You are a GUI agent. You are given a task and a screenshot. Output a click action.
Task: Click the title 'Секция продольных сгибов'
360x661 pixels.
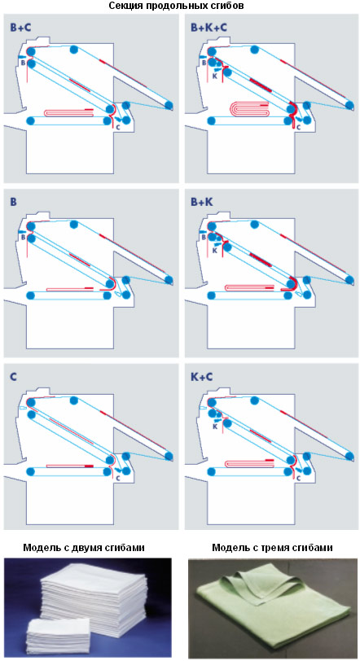point(176,6)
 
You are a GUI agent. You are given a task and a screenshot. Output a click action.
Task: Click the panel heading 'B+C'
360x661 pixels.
point(20,28)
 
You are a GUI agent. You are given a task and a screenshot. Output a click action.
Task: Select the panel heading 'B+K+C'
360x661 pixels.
point(209,28)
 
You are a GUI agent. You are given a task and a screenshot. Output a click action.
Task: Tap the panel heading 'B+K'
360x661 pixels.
point(202,203)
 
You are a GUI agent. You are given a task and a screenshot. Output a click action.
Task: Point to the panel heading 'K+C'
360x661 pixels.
point(201,377)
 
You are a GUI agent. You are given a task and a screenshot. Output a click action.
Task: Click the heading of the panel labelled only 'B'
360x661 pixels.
point(14,203)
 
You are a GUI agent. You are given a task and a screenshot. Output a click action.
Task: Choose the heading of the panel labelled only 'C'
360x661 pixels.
point(14,377)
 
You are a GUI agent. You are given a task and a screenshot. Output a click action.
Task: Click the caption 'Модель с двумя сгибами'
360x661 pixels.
point(84,548)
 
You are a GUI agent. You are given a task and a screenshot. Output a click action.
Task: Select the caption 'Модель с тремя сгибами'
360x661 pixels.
point(272,548)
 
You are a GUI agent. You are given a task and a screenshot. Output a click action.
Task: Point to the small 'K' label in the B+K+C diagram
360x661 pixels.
point(214,77)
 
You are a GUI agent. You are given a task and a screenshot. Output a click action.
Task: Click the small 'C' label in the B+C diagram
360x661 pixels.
point(117,126)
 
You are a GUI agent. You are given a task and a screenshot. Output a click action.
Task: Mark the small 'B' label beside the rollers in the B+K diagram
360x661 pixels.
point(204,238)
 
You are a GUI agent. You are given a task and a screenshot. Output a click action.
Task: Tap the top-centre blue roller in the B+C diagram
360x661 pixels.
point(73,50)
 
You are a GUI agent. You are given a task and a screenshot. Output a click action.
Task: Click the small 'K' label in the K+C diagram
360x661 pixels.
point(214,427)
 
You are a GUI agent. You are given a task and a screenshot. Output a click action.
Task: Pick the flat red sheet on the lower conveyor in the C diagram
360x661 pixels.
point(69,466)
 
